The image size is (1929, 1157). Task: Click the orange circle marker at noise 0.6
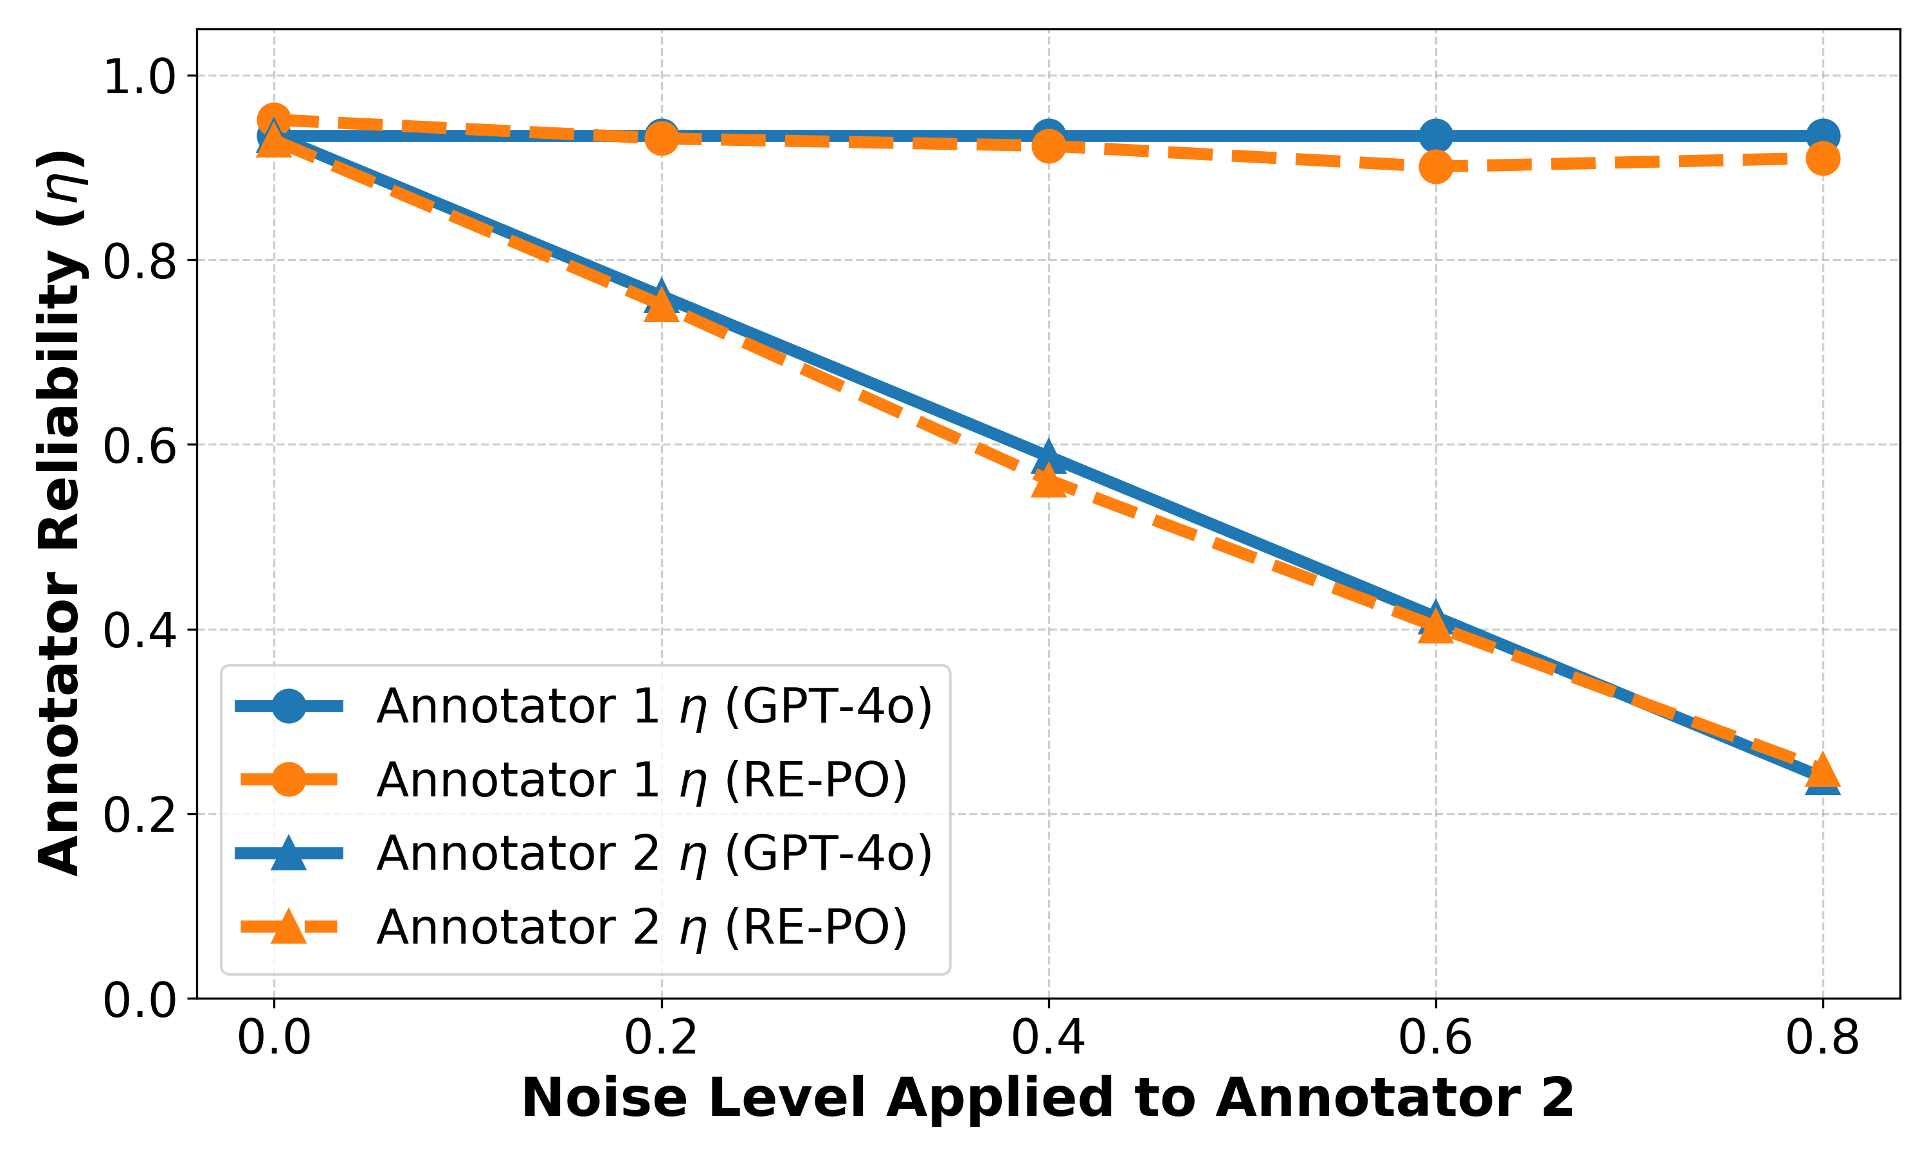pyautogui.click(x=1435, y=166)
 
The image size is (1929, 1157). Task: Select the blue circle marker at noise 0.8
pyautogui.click(x=1823, y=136)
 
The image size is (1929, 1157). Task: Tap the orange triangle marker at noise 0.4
pyautogui.click(x=1049, y=483)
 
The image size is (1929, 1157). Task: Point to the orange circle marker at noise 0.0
pyautogui.click(x=274, y=120)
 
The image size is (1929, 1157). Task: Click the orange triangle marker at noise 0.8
pyautogui.click(x=1823, y=771)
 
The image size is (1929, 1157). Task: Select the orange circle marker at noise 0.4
pyautogui.click(x=1049, y=146)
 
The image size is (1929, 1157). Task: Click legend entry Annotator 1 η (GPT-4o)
pyautogui.click(x=653, y=706)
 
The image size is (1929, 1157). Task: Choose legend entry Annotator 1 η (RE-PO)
pyautogui.click(x=641, y=780)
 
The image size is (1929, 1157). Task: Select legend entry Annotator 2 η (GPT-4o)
pyautogui.click(x=653, y=853)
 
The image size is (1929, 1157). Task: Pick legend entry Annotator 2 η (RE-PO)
pyautogui.click(x=641, y=927)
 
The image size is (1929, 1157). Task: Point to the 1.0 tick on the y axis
pyautogui.click(x=140, y=77)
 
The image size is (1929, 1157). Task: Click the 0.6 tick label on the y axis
pyautogui.click(x=140, y=446)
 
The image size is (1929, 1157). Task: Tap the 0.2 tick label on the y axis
pyautogui.click(x=140, y=816)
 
